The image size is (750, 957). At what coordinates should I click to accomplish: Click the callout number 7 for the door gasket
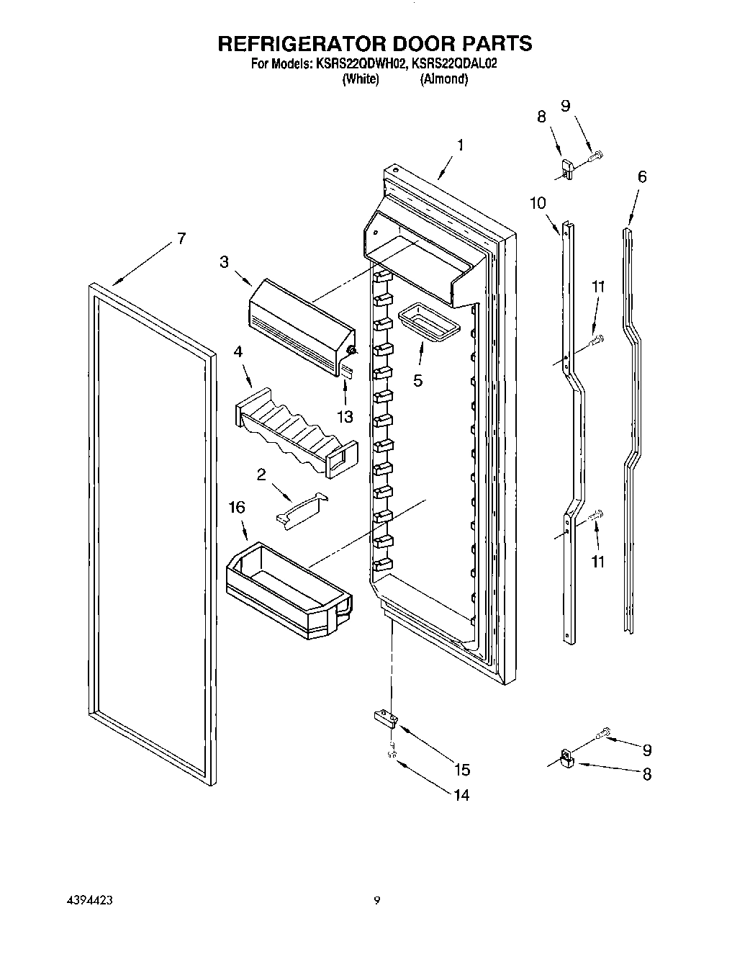click(x=181, y=238)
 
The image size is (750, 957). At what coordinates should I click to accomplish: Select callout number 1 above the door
click(x=460, y=145)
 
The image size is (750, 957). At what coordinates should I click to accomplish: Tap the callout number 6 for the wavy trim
click(x=642, y=176)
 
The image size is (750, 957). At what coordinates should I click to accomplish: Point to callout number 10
click(x=538, y=203)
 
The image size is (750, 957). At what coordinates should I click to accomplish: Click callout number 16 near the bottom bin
click(x=237, y=508)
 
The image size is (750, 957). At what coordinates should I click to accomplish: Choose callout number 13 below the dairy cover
click(x=345, y=415)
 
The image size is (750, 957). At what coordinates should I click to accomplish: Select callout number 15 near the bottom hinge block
click(x=461, y=770)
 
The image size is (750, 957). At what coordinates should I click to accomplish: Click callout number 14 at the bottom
click(x=461, y=795)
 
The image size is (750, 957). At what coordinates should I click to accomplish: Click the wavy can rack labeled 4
click(x=295, y=428)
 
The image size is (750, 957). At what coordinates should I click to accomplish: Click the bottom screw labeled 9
click(x=604, y=733)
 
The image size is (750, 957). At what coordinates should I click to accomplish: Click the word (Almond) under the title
click(x=444, y=79)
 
